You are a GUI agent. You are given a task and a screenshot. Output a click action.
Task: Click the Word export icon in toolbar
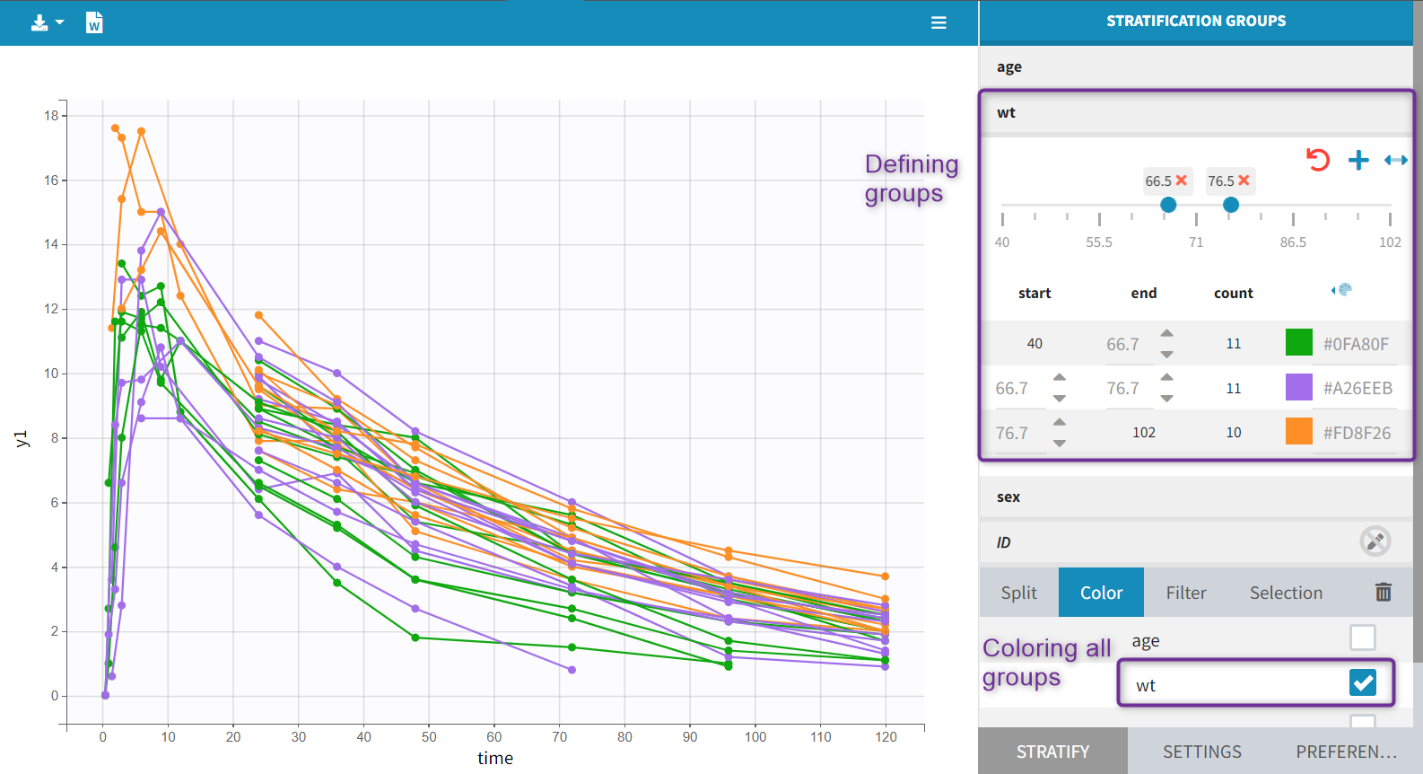pyautogui.click(x=94, y=22)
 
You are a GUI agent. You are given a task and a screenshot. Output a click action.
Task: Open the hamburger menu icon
pyautogui.click(x=938, y=22)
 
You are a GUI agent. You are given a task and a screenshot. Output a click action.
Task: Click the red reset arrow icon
pyautogui.click(x=1317, y=161)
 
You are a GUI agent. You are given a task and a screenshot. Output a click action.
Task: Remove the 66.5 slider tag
pyautogui.click(x=1182, y=180)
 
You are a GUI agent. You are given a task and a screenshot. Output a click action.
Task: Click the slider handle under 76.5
pyautogui.click(x=1231, y=205)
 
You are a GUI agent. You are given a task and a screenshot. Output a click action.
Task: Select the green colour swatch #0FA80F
pyautogui.click(x=1298, y=343)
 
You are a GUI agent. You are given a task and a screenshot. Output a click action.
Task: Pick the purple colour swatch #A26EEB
pyautogui.click(x=1298, y=388)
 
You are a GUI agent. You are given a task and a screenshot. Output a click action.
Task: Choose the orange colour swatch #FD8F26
pyautogui.click(x=1298, y=432)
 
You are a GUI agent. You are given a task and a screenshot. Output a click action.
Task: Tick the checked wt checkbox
pyautogui.click(x=1362, y=683)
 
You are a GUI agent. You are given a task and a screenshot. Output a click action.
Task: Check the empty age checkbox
pyautogui.click(x=1362, y=638)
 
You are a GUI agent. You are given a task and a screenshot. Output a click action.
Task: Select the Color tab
pyautogui.click(x=1101, y=593)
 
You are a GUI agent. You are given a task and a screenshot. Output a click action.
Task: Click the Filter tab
pyautogui.click(x=1185, y=593)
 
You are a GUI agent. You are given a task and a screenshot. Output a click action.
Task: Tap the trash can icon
pyautogui.click(x=1384, y=592)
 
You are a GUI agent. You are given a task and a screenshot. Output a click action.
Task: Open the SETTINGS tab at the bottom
pyautogui.click(x=1202, y=752)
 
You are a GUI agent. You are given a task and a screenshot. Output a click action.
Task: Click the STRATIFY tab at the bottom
pyautogui.click(x=1052, y=752)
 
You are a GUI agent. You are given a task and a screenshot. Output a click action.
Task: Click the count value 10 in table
pyautogui.click(x=1234, y=433)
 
